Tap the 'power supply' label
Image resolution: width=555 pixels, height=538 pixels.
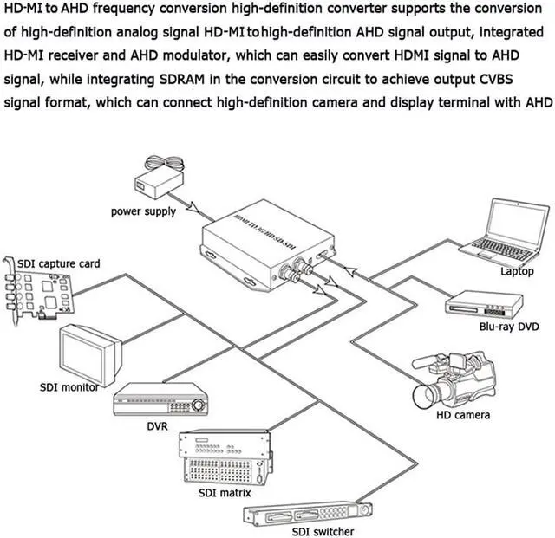point(143,211)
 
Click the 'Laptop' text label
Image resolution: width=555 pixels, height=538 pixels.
point(517,271)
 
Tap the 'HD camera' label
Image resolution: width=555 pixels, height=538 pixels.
point(462,415)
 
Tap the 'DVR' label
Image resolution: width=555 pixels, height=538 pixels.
point(157,426)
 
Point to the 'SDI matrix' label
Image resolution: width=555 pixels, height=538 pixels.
point(222,492)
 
